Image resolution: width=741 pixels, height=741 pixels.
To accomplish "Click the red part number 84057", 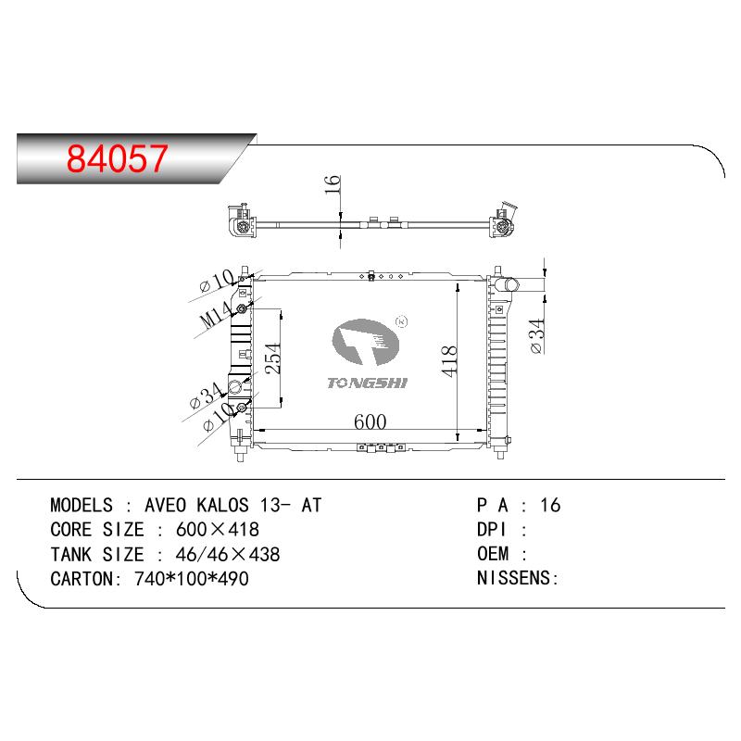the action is coord(118,157).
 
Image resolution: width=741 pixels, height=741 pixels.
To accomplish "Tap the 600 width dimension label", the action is coord(370,421).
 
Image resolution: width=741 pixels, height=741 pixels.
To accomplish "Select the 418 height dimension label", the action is coord(449,361).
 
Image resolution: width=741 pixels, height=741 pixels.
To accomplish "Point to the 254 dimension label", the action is coord(272,358).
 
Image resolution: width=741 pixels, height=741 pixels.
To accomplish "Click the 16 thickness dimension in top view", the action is coord(333,184).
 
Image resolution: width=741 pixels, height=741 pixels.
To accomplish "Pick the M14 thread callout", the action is coord(216,314).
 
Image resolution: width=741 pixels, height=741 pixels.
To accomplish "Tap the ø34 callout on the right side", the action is coord(536,336).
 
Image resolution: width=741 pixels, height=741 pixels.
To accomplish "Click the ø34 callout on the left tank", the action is coord(206,396).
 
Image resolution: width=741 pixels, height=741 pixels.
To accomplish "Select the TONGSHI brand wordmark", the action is coord(367,383).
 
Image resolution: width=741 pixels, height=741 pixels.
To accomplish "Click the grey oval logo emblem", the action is coord(365,342).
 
